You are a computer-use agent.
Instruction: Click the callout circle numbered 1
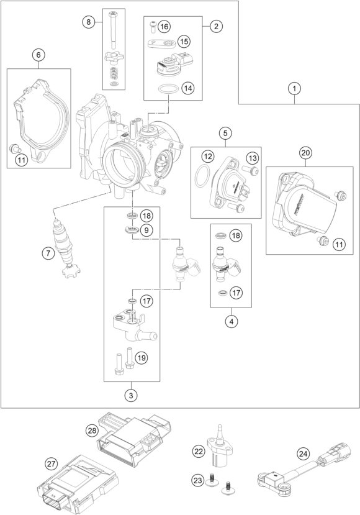(294, 88)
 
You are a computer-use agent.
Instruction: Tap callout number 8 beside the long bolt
(88, 22)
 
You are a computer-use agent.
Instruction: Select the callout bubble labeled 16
(164, 26)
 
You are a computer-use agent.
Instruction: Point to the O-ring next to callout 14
(168, 88)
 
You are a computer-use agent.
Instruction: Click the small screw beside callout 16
(152, 26)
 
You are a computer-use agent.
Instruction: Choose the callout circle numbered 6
(38, 55)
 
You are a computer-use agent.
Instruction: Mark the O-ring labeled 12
(202, 175)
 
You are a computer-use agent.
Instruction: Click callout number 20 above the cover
(306, 153)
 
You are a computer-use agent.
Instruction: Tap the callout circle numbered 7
(48, 253)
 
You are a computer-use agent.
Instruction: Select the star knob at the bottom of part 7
(71, 271)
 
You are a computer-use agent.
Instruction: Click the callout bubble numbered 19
(142, 357)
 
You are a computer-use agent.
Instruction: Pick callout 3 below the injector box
(131, 396)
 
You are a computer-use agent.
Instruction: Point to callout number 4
(232, 322)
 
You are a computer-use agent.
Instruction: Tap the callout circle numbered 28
(92, 431)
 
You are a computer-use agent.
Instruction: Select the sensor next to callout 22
(219, 446)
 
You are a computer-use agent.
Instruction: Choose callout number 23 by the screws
(198, 481)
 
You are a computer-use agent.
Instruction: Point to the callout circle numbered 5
(225, 134)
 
